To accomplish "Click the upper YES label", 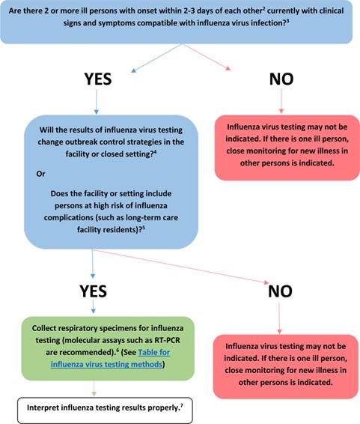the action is pos(98,79).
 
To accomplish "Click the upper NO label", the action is pos(281,79).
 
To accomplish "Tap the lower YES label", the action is pos(93,291).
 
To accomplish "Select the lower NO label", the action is pos(280,291).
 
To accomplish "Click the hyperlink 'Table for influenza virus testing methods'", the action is pos(110,358).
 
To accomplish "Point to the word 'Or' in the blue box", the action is pos(40,174).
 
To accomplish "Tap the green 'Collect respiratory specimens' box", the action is pos(108,348).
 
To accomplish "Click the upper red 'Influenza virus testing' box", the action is pos(287,148).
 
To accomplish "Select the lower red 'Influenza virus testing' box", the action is pos(286,366).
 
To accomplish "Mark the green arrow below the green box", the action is pos(94,388).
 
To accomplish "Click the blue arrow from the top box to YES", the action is pos(156,58).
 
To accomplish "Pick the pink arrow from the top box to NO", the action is pos(207,57).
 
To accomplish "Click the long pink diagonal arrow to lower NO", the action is pos(180,267).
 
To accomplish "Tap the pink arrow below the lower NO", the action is pos(279,318).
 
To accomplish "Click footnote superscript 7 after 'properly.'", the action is pos(182,405).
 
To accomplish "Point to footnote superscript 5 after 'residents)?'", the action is pos(144,227).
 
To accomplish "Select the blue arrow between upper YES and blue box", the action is pos(97,102).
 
